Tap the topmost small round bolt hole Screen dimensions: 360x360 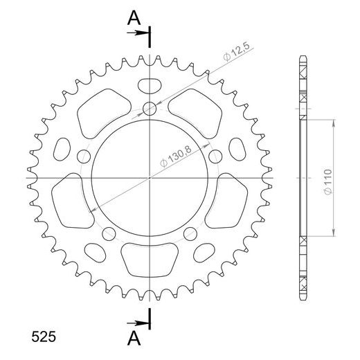tap(150, 107)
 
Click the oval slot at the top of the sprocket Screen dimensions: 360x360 tap(150, 85)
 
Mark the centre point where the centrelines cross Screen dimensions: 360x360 tap(150, 178)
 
